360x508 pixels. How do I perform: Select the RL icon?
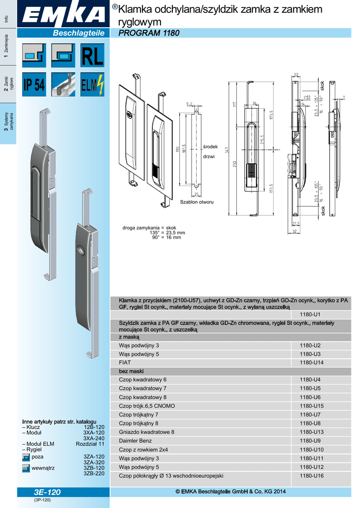point(92,56)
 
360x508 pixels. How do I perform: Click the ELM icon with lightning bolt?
point(92,85)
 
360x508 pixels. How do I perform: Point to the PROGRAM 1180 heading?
point(148,33)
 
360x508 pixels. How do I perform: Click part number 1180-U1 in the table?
point(309,315)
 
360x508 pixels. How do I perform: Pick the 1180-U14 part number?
point(311,363)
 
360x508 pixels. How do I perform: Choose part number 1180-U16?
point(311,475)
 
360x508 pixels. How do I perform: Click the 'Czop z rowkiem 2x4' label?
point(144,449)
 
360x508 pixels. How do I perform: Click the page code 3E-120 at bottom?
point(48,492)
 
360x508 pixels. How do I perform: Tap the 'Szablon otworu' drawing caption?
point(197,202)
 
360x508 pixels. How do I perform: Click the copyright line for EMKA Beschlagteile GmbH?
point(231,492)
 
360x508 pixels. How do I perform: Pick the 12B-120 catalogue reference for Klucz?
point(94,427)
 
